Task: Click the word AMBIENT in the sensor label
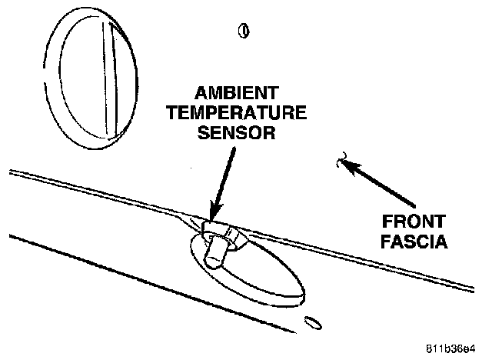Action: (x=237, y=93)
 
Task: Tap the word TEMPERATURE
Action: (x=237, y=112)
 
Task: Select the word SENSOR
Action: (x=237, y=132)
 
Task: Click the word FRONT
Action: (x=414, y=222)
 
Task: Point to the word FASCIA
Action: (x=414, y=242)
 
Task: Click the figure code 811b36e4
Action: (x=450, y=348)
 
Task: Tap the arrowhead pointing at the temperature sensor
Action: (x=216, y=212)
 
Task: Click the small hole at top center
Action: (x=244, y=31)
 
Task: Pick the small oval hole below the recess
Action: (x=313, y=323)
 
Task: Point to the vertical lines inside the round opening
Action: (x=111, y=80)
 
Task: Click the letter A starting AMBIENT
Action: (x=201, y=93)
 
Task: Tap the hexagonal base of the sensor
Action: (x=223, y=234)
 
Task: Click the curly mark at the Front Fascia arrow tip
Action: (x=341, y=159)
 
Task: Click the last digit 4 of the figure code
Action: (x=473, y=348)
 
